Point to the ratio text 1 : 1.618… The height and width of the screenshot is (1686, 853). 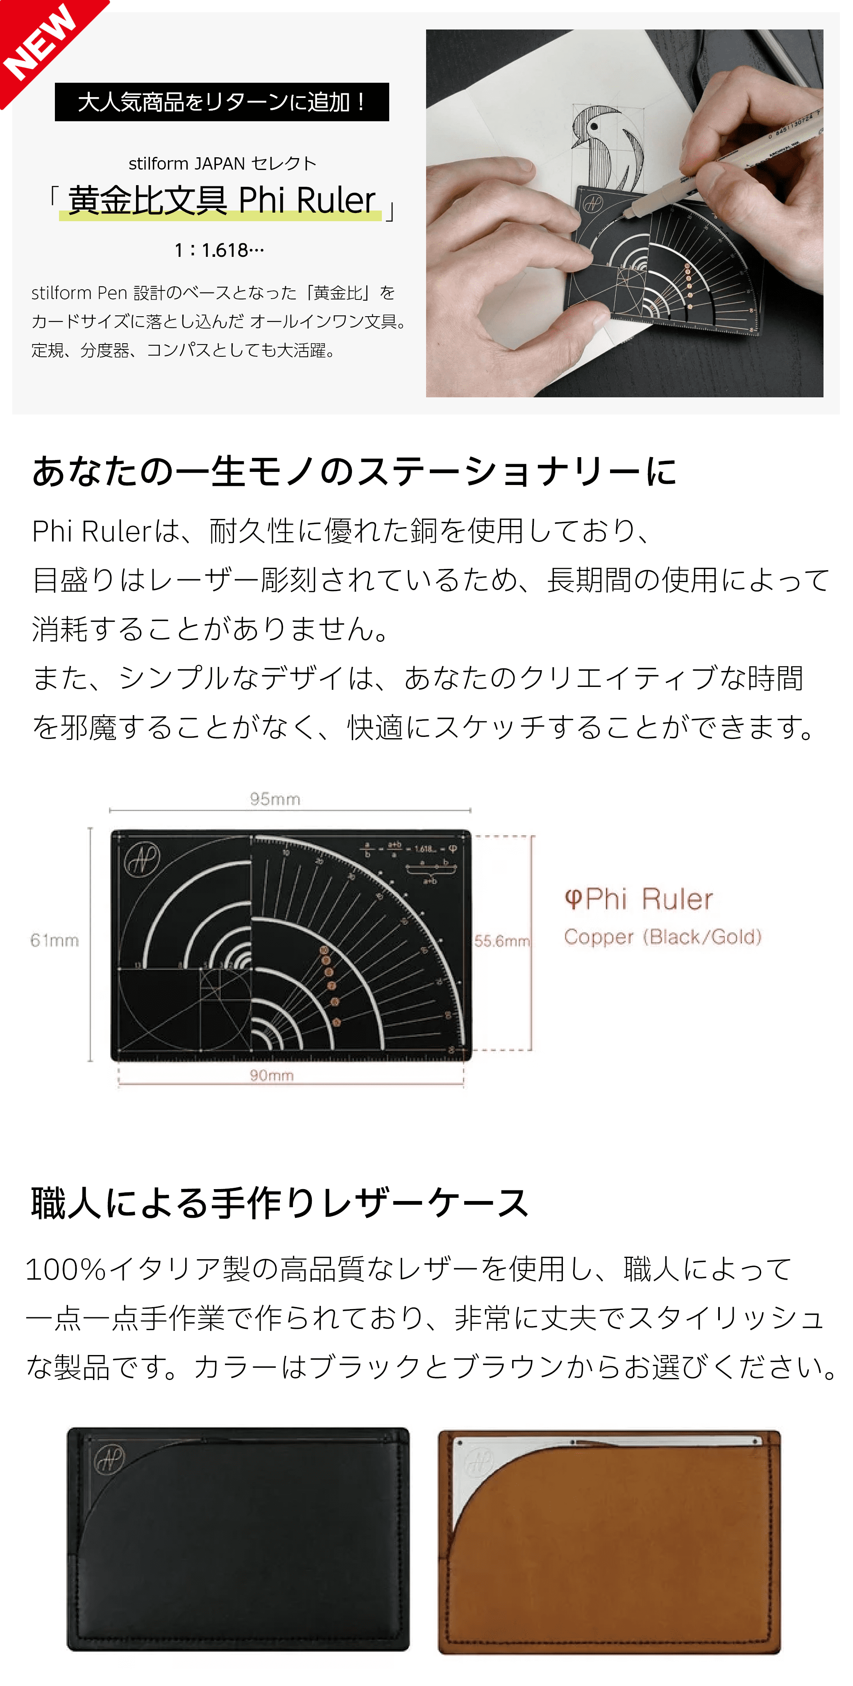pyautogui.click(x=219, y=250)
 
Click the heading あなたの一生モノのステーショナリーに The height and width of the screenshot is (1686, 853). pyautogui.click(x=354, y=471)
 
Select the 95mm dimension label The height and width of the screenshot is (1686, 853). pyautogui.click(x=275, y=798)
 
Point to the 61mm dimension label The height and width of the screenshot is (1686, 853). pyautogui.click(x=54, y=940)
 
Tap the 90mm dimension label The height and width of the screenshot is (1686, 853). pyautogui.click(x=272, y=1075)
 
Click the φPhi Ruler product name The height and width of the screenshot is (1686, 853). pyautogui.click(x=638, y=899)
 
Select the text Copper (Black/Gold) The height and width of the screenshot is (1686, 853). pyautogui.click(x=662, y=936)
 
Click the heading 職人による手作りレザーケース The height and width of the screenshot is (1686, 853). pyautogui.click(x=279, y=1203)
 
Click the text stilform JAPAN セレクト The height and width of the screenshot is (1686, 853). pyautogui.click(x=222, y=163)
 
